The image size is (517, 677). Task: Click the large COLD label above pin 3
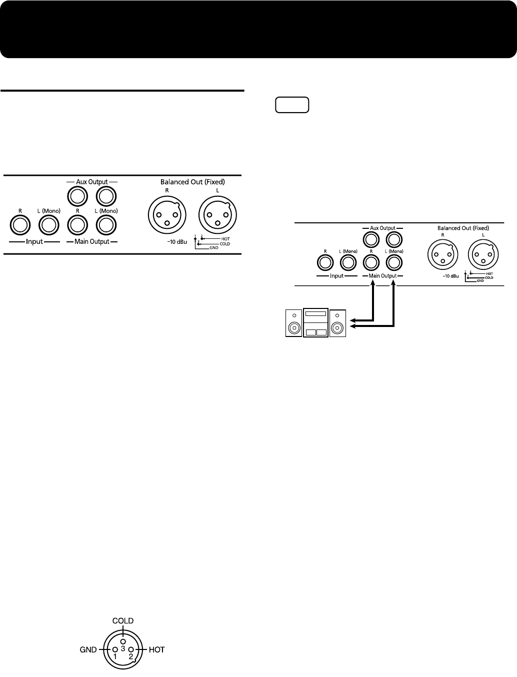click(123, 620)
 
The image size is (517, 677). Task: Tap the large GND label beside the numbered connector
click(88, 650)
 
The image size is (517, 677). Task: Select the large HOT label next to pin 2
click(156, 650)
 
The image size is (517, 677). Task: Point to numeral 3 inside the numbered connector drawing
click(122, 648)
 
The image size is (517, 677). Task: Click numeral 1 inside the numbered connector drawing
click(115, 655)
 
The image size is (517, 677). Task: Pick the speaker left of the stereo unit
click(293, 323)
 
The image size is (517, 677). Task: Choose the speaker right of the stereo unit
click(338, 323)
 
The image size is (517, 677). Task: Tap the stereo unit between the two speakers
click(315, 323)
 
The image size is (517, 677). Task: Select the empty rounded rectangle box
click(292, 105)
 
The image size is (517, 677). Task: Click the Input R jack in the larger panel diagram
click(20, 226)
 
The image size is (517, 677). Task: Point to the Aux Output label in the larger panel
click(91, 181)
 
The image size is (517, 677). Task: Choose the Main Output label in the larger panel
click(91, 242)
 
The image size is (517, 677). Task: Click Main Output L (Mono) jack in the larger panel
click(105, 226)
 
